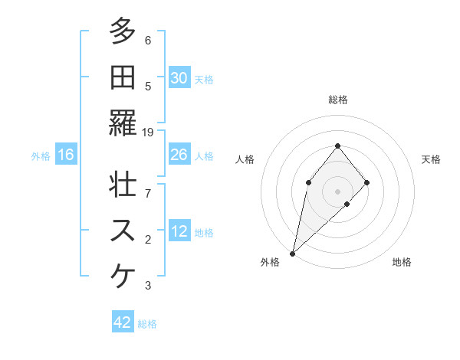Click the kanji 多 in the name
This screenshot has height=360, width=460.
click(x=123, y=32)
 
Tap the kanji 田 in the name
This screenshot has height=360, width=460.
click(x=123, y=77)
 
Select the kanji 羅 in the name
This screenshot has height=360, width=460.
click(x=123, y=123)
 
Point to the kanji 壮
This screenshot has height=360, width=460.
click(x=123, y=186)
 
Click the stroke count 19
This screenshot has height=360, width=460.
click(x=148, y=133)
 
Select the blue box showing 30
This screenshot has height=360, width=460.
click(x=179, y=78)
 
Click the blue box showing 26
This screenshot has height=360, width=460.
click(x=179, y=155)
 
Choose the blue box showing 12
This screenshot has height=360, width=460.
click(x=179, y=231)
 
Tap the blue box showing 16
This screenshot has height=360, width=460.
click(x=66, y=155)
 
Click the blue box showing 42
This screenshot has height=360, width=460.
click(x=123, y=322)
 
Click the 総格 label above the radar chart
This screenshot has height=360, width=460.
click(x=337, y=100)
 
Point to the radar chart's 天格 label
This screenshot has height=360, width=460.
click(x=431, y=159)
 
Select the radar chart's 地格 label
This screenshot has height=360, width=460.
click(x=402, y=263)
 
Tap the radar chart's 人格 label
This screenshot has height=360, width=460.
click(x=245, y=159)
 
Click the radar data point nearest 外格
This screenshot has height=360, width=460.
click(x=292, y=253)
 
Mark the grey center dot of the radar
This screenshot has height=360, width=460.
click(x=337, y=191)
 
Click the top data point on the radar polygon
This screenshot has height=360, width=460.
click(x=337, y=146)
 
